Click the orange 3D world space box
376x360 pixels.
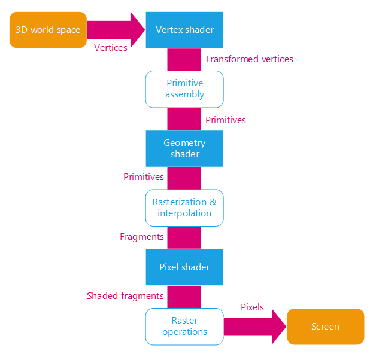(48, 30)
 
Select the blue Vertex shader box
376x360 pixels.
(184, 30)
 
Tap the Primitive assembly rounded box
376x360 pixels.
(184, 89)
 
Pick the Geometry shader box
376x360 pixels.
(184, 148)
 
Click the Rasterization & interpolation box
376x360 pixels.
(184, 208)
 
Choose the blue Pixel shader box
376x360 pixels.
(184, 267)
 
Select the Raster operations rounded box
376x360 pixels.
(184, 327)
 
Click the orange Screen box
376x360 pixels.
(325, 327)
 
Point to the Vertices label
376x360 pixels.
(111, 48)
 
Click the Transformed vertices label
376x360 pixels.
(249, 59)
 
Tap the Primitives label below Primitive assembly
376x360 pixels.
(226, 120)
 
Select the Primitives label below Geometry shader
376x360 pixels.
(144, 177)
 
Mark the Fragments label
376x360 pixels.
(142, 237)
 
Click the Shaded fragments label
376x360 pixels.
(125, 296)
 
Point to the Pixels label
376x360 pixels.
(252, 307)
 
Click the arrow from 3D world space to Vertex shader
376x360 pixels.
(117, 29)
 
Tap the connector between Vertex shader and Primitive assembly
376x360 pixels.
(184, 59)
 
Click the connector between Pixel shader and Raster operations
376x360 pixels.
(184, 296)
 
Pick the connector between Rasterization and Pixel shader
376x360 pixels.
(184, 237)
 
